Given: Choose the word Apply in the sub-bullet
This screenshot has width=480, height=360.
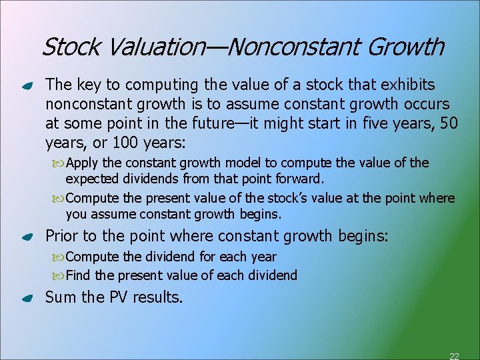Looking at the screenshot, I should [x=82, y=163].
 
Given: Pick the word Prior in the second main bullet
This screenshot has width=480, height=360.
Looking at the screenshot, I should [x=61, y=236].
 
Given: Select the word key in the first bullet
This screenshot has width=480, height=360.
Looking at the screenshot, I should [x=85, y=85].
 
